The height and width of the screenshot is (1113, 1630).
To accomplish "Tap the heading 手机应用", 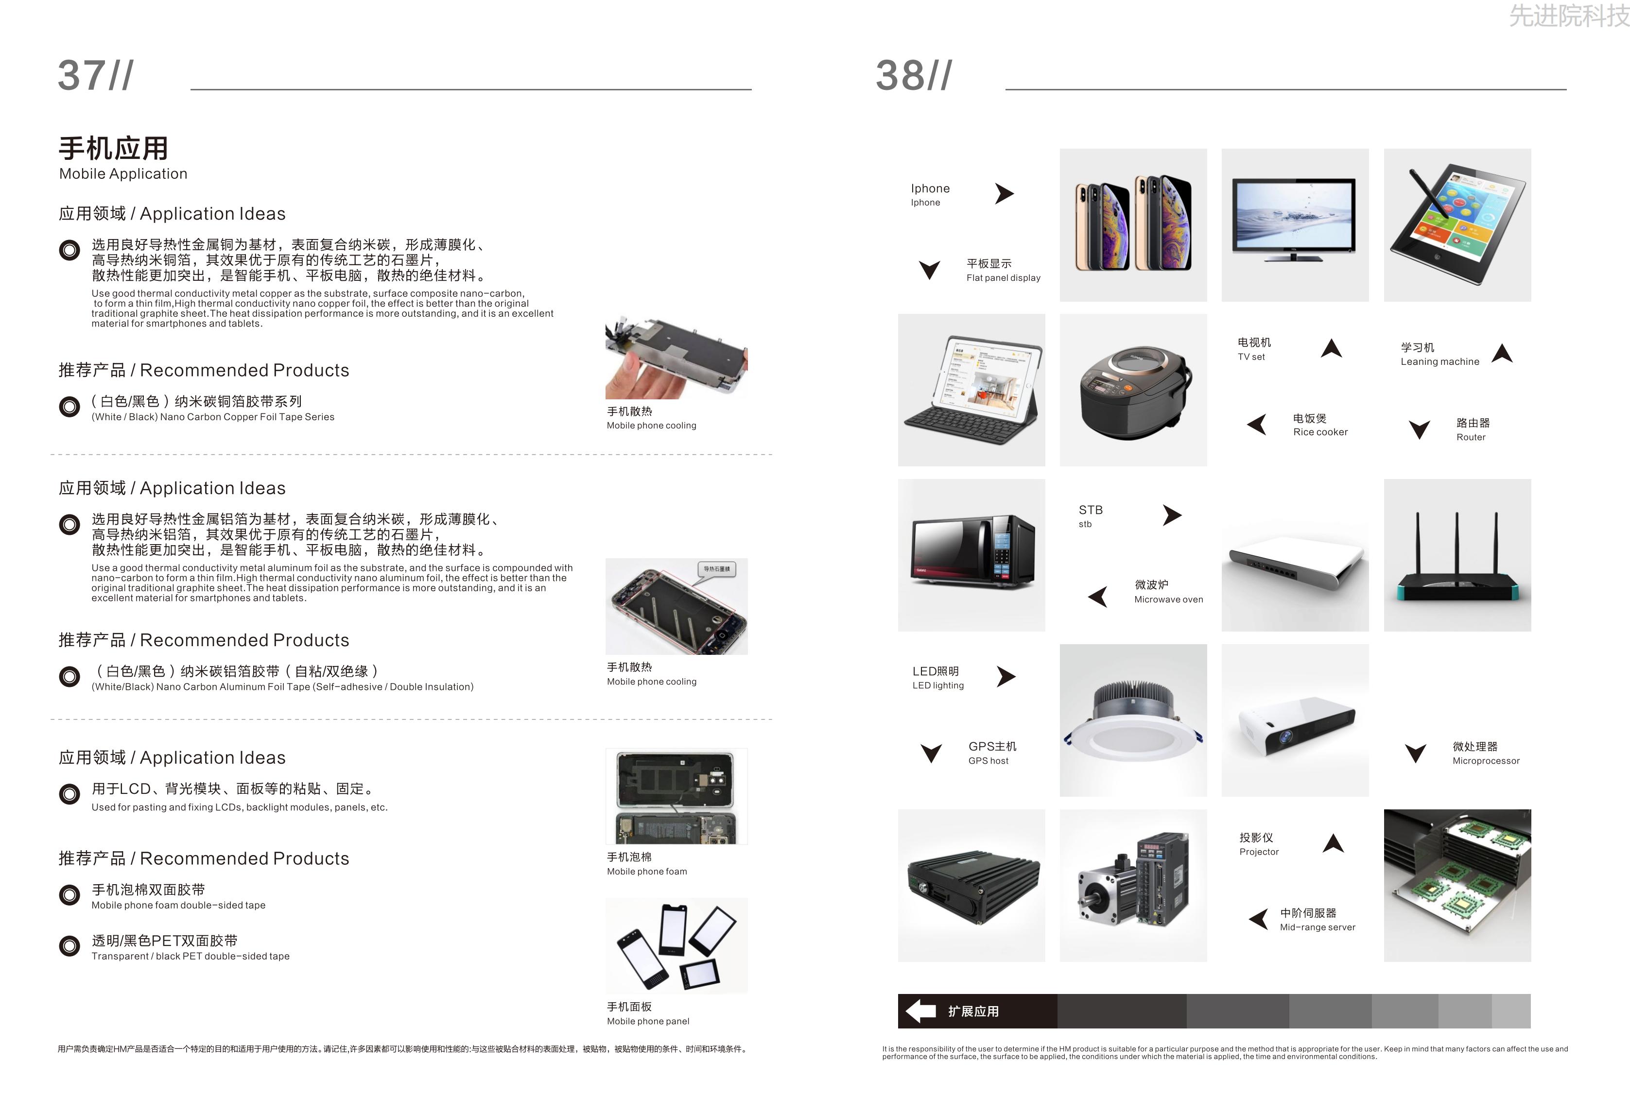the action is coord(114,149).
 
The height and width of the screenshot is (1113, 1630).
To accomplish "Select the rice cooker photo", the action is coord(1133,390).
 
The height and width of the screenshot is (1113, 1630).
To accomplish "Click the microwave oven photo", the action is coord(971,555).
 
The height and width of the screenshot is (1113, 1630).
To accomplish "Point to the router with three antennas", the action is coord(1457,555).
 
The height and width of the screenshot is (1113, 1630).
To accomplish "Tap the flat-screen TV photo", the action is coord(1295,225).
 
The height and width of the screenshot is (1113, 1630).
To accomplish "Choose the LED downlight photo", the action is coord(1133,720).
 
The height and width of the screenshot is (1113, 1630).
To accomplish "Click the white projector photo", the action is coord(1295,720).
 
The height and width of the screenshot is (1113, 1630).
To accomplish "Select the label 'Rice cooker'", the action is coord(1320,432).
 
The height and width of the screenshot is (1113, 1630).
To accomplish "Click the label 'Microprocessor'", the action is coord(1486,761).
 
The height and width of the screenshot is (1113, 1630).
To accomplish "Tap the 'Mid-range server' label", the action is coord(1317,927).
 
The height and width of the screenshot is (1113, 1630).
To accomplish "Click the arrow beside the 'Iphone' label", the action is coord(1005,193).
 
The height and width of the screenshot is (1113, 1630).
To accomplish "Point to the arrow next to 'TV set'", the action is coord(1331,348).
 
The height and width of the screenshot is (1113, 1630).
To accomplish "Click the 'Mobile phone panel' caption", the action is coord(648,1021).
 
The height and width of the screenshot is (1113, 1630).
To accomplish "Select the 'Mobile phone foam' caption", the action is coord(647,872).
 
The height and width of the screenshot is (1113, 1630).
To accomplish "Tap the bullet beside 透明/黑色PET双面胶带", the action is coord(69,946).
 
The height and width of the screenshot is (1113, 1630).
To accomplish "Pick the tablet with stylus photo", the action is coord(1457,225).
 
